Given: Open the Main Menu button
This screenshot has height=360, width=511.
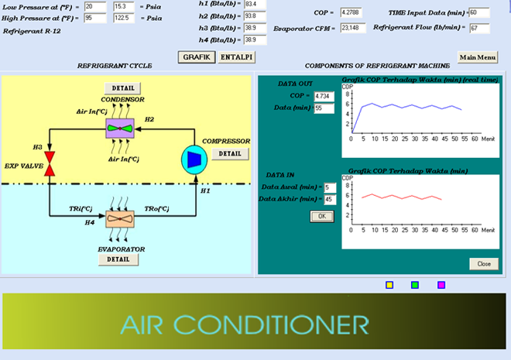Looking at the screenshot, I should (477, 57).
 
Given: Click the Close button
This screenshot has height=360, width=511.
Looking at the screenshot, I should (483, 263).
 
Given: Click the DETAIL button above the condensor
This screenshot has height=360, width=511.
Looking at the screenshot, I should (122, 88).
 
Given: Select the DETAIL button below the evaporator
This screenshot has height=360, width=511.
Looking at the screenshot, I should (118, 259).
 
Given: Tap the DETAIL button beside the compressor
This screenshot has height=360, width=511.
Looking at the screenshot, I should (229, 153).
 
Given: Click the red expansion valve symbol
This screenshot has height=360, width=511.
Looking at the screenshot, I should (50, 164).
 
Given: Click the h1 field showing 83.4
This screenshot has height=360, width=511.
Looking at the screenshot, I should (255, 4).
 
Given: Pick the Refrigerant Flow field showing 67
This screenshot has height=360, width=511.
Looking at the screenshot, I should (479, 28).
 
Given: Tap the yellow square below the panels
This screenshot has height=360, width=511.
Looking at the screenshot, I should (389, 285).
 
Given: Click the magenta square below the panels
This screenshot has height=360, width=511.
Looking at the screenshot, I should (441, 285).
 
